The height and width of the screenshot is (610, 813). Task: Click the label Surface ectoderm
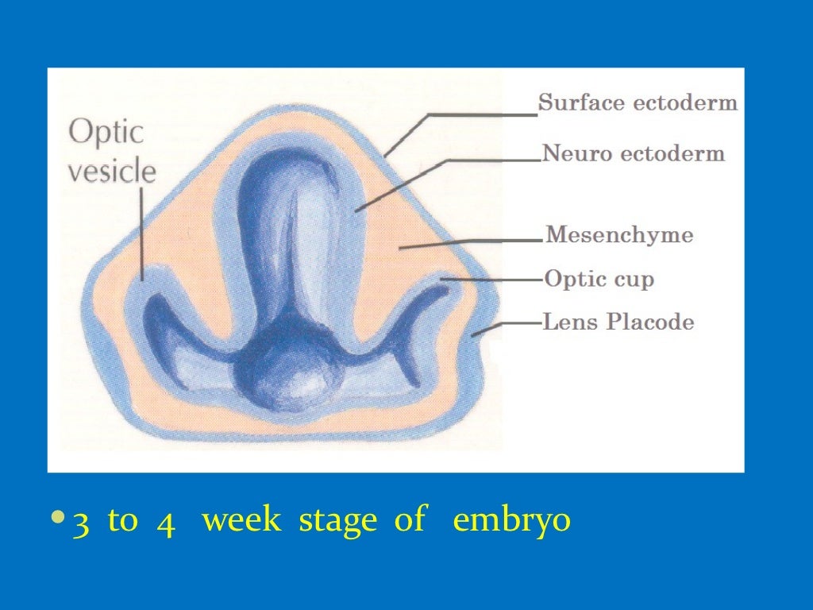tap(638, 103)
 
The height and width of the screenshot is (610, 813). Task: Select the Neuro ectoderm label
tap(633, 154)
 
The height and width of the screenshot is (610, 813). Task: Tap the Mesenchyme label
tap(619, 236)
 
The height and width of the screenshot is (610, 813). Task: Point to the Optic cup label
tap(599, 280)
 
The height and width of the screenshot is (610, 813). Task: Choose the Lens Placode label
tap(618, 322)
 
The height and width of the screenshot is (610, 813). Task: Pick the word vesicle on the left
tap(111, 172)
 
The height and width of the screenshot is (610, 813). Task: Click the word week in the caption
tap(241, 521)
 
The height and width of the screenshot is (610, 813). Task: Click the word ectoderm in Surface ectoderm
tap(689, 103)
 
